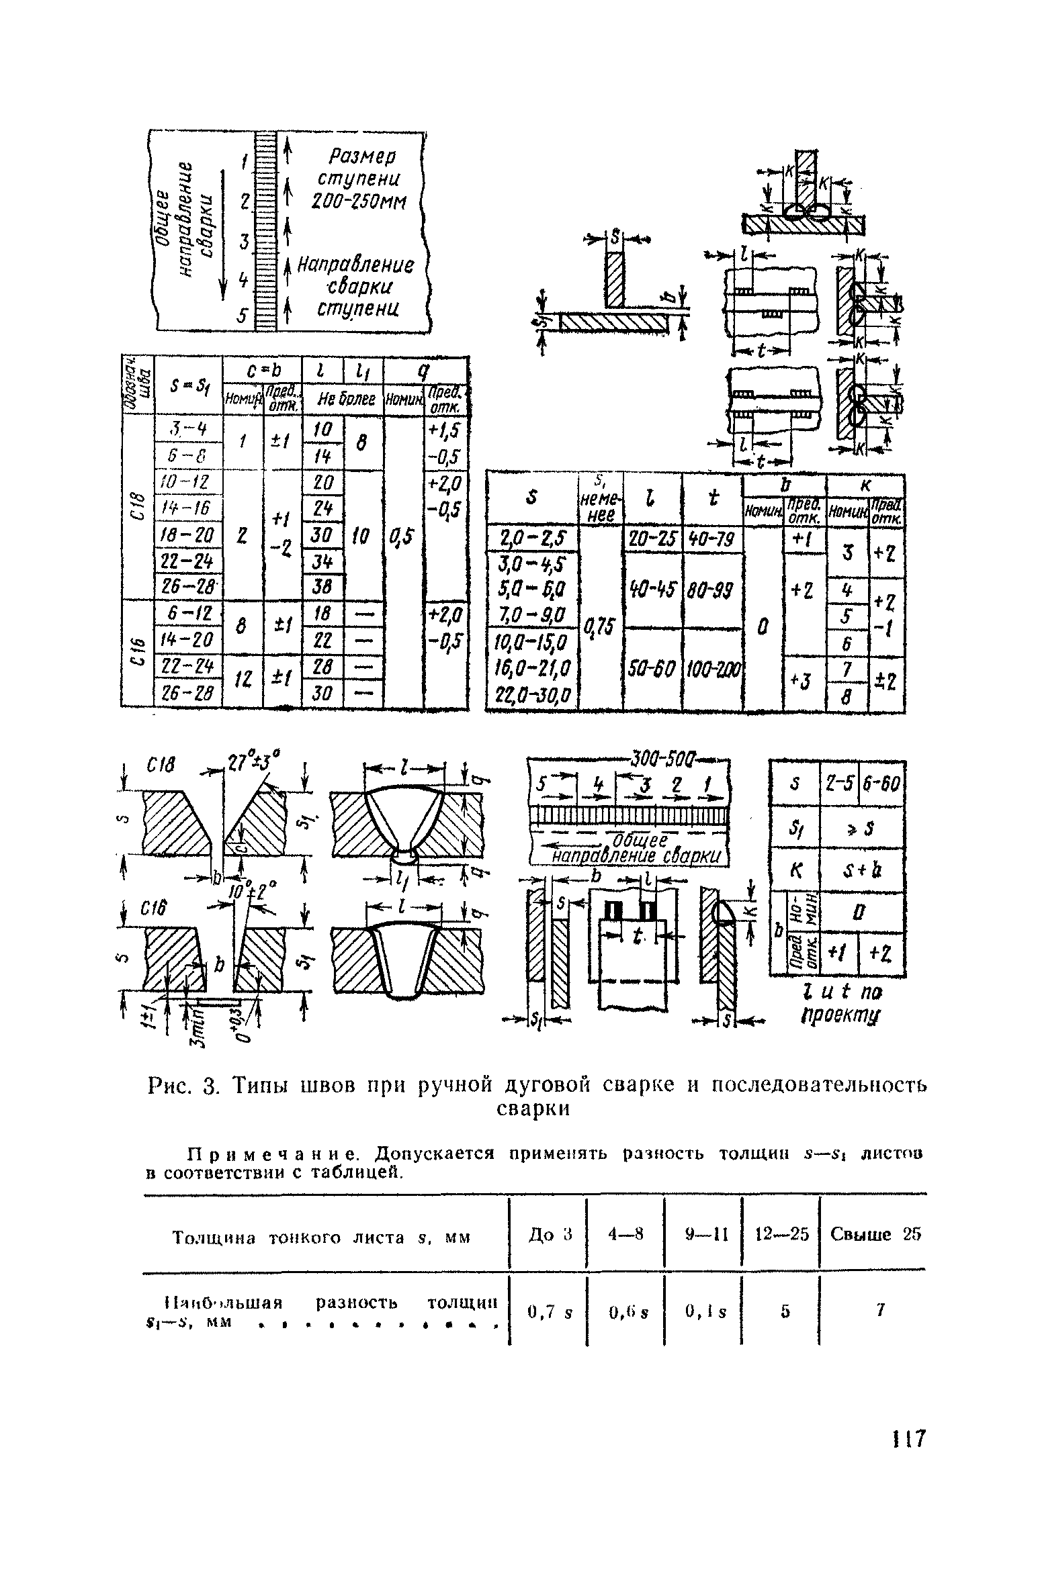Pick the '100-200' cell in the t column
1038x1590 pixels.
713,669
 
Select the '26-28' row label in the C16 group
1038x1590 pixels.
188,694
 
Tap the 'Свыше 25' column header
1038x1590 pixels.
875,1234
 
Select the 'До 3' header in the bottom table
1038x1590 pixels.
548,1234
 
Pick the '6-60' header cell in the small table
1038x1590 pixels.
881,783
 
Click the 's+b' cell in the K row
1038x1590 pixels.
862,870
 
